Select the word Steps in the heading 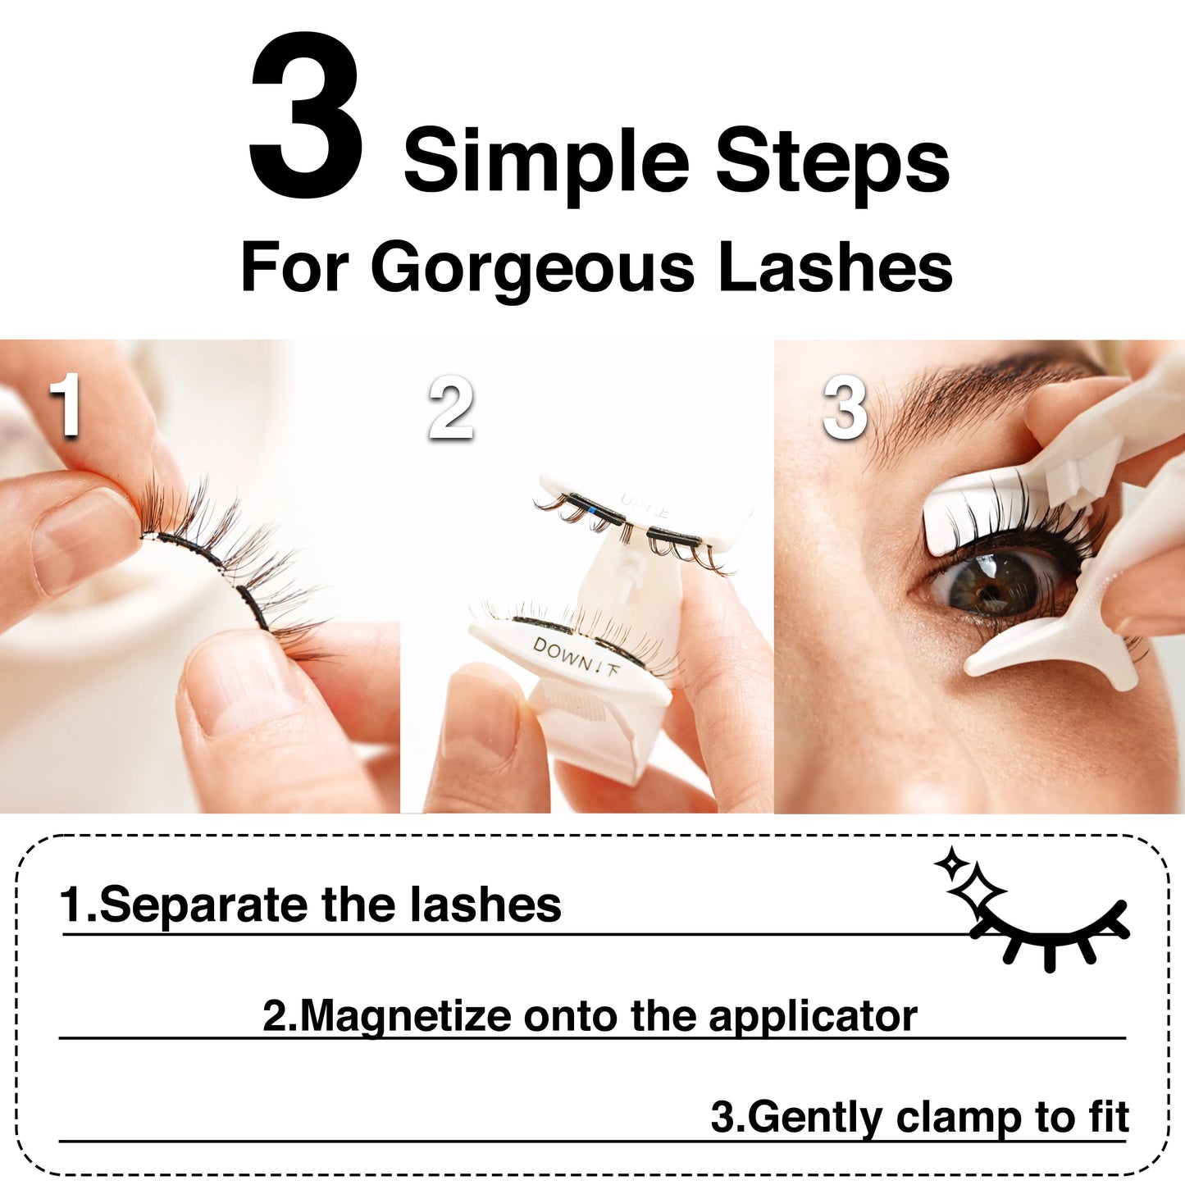(832, 162)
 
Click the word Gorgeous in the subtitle (533, 268)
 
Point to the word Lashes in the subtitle (835, 267)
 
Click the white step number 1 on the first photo (65, 406)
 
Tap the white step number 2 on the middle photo (451, 408)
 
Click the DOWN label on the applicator (565, 654)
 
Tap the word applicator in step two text (812, 1017)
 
